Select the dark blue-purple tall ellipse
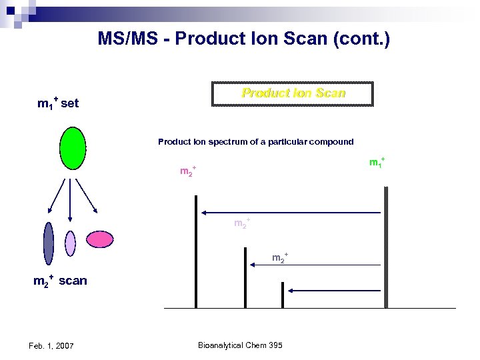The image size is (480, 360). point(48,244)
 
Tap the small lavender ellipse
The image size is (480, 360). point(71,243)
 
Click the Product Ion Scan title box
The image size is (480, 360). point(292,94)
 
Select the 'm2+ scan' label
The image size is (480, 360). point(60,281)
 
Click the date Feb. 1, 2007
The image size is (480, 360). point(51,345)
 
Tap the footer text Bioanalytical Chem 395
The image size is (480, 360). point(240,345)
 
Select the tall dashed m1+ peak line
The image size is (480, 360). point(386,247)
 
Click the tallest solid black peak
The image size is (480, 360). point(196,251)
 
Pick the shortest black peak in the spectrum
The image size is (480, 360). point(283,295)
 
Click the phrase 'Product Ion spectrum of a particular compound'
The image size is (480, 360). point(255,142)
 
